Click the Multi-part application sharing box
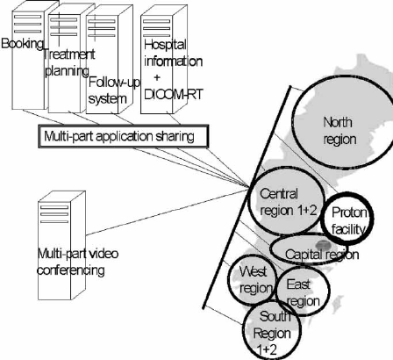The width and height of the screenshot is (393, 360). (x=123, y=137)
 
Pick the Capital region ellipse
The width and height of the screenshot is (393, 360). (x=318, y=254)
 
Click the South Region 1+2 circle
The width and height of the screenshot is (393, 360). (x=271, y=329)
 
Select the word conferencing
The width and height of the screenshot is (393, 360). (x=72, y=270)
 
